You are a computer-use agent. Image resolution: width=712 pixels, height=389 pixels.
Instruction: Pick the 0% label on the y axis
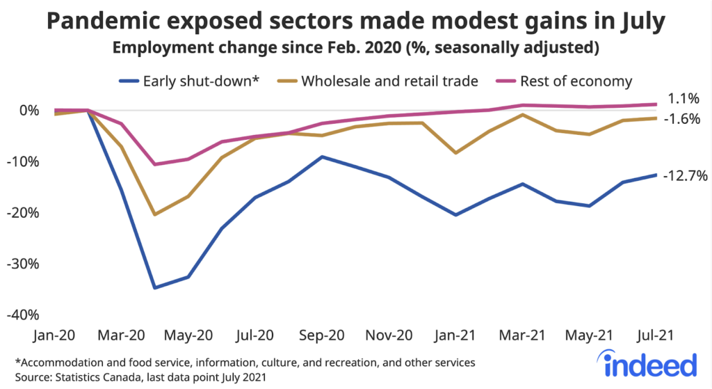click(x=29, y=110)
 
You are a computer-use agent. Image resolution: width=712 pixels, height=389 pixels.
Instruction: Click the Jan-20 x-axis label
click(x=54, y=335)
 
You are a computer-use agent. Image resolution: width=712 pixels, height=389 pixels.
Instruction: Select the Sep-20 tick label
click(x=322, y=335)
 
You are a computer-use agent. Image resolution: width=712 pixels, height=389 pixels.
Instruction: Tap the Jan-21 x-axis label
click(x=455, y=335)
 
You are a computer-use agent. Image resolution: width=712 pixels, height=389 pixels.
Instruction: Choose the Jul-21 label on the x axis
click(x=656, y=335)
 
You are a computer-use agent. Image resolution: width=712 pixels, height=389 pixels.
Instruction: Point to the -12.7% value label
click(x=684, y=175)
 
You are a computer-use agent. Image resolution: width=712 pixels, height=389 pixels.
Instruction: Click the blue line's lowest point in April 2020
click(x=154, y=287)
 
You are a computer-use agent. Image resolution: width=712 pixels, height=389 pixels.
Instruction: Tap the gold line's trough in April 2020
click(x=154, y=214)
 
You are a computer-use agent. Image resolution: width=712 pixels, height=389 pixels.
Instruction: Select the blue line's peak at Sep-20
click(x=321, y=157)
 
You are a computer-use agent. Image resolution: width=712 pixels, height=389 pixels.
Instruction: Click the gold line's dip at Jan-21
click(x=455, y=152)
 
